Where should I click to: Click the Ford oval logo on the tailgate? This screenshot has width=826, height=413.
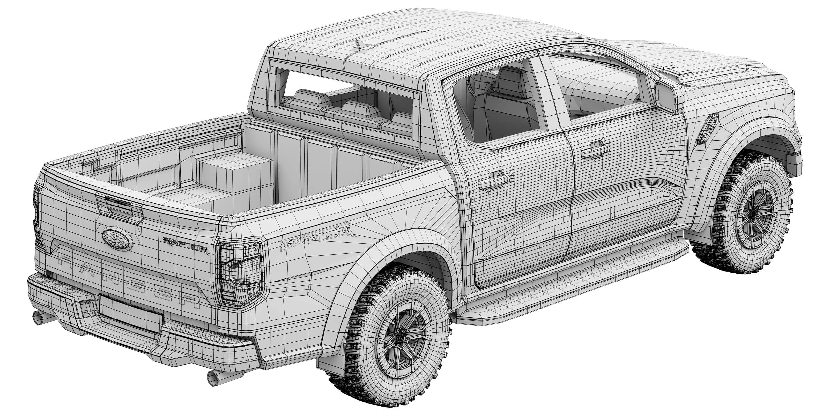(117, 239)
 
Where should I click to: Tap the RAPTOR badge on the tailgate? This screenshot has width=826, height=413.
(185, 244)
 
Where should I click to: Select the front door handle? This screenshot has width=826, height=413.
(595, 151)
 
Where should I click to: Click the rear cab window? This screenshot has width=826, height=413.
(347, 96)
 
